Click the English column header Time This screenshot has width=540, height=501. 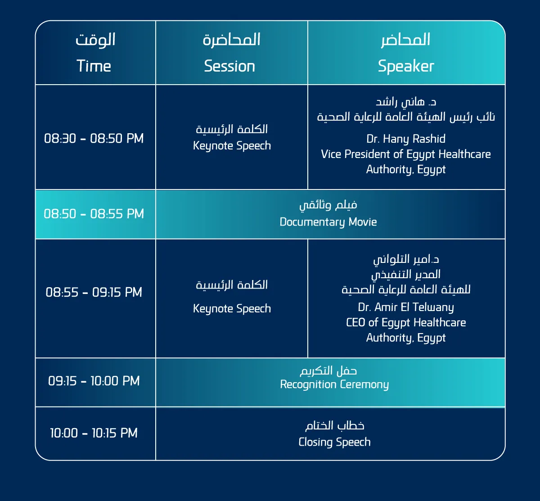94,66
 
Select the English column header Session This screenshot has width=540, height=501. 230,66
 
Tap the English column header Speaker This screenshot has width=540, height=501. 406,66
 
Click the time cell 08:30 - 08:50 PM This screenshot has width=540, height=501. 94,139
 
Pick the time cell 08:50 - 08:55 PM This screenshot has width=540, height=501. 94,214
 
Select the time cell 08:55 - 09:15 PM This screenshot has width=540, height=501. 94,293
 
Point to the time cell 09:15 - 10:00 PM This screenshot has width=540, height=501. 94,381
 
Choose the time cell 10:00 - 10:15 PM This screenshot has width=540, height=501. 94,433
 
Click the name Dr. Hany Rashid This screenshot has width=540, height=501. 406,139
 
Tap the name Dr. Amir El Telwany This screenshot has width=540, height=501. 406,307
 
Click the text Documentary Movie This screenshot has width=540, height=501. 328,222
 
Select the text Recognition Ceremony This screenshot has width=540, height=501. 334,384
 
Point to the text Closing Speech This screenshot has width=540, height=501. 334,442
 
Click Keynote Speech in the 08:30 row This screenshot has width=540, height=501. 232,146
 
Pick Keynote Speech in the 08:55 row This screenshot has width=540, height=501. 232,309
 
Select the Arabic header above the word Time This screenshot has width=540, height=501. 95,40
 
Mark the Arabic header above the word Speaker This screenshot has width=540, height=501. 405,40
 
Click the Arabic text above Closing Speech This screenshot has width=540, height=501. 334,426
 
